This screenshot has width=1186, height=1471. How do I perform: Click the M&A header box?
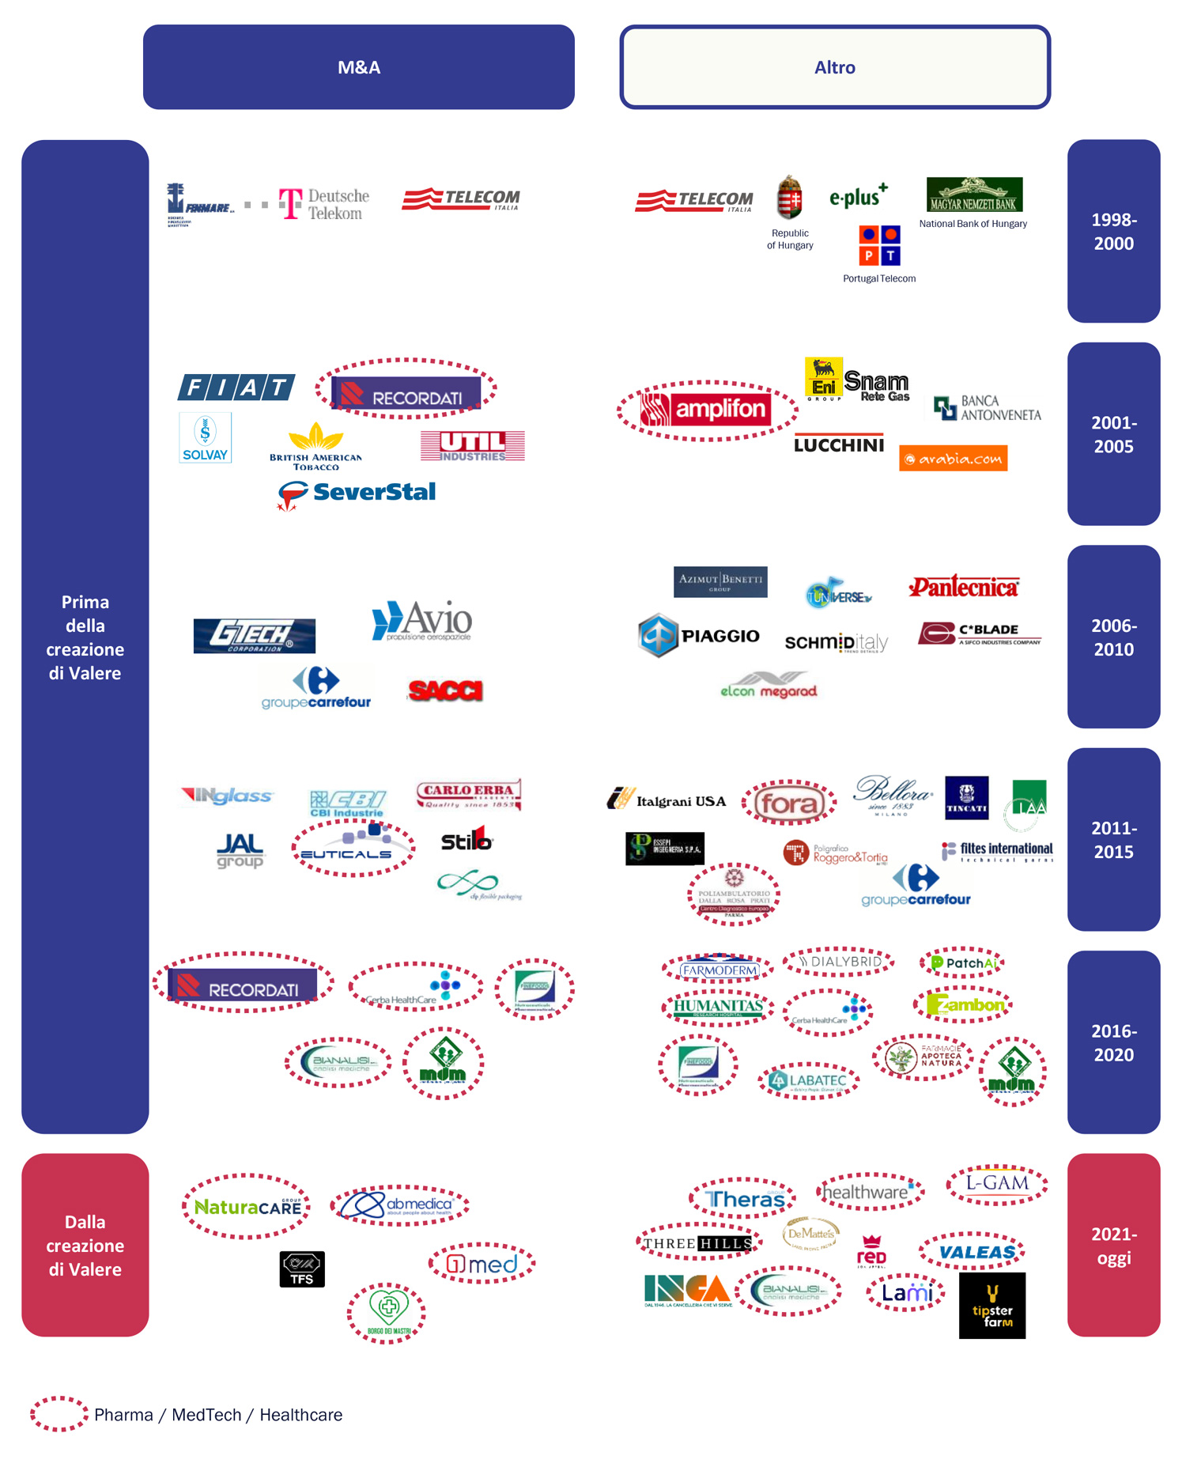point(358,67)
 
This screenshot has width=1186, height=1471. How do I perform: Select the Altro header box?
point(834,67)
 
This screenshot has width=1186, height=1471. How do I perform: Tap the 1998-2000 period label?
point(1113,231)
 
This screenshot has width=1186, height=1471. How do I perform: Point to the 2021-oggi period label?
point(1113,1245)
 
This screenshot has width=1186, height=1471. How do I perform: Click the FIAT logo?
point(236,387)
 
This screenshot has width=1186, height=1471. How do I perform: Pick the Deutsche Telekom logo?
point(324,204)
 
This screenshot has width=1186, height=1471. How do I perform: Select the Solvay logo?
point(205,437)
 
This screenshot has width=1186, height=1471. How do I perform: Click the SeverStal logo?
point(357,493)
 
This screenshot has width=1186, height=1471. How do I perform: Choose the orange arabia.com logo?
point(953,458)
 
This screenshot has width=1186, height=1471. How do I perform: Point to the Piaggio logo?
point(698,635)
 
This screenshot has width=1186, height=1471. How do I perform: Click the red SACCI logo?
point(445,690)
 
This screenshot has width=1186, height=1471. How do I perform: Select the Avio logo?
point(422,621)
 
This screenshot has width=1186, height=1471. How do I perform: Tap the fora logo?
point(788,804)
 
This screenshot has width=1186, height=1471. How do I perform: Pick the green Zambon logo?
point(965,1004)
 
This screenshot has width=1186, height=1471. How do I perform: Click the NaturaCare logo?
point(247,1207)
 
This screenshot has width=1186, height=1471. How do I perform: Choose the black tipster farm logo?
point(991,1305)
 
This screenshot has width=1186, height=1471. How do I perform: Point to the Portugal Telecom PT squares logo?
point(879,245)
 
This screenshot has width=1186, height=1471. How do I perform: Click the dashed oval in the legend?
point(59,1414)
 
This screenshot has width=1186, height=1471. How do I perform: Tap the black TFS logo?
point(302,1269)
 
